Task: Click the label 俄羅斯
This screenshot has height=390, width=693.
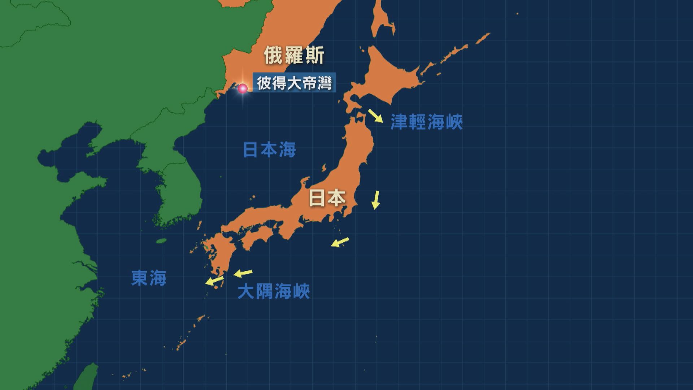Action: (294, 55)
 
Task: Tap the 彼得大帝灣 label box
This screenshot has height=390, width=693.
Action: (294, 83)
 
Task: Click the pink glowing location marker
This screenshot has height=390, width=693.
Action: (243, 88)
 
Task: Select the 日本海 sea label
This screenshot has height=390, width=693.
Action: (269, 149)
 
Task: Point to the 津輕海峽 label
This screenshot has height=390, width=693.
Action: (426, 122)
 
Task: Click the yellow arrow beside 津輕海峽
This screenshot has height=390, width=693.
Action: (375, 116)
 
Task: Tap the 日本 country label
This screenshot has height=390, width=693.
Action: (327, 198)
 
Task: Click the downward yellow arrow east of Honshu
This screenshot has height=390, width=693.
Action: (376, 200)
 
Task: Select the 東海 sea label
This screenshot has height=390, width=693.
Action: (149, 278)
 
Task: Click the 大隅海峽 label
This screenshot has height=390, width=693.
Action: (274, 291)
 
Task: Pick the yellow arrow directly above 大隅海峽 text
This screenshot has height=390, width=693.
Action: (243, 273)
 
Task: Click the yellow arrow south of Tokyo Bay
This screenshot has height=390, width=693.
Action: (340, 242)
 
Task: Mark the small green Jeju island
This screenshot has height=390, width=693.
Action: (161, 241)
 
